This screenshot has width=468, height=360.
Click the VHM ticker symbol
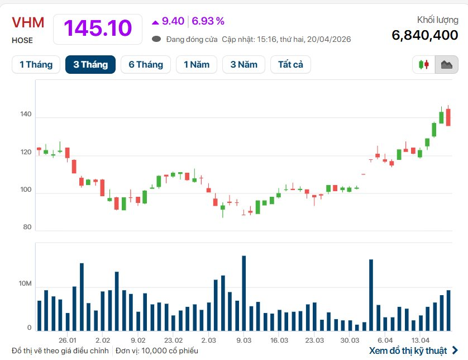click(x=28, y=23)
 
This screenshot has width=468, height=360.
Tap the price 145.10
click(x=98, y=28)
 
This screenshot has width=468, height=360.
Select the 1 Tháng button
click(x=36, y=65)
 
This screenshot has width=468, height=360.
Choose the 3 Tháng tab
click(x=90, y=65)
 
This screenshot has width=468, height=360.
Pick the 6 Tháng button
click(x=146, y=65)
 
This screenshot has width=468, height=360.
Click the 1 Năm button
click(x=197, y=65)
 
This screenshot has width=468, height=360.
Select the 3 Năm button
click(x=243, y=65)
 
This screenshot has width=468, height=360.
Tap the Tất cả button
click(x=290, y=65)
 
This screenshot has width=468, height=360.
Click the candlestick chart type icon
click(x=424, y=65)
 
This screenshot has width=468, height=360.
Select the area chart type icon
click(x=446, y=65)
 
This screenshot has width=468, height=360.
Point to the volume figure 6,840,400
click(x=425, y=35)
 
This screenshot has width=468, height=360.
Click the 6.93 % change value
click(x=208, y=21)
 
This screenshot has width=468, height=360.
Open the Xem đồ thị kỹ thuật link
click(x=408, y=350)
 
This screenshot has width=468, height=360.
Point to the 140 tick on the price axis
click(x=26, y=117)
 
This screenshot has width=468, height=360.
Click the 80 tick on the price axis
click(x=27, y=227)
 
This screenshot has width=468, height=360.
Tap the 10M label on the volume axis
click(x=26, y=285)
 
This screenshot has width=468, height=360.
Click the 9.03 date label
click(x=243, y=340)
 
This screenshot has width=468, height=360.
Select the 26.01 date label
click(x=67, y=340)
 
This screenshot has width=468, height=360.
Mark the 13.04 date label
click(x=421, y=340)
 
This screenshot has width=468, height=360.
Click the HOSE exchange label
click(x=22, y=40)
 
